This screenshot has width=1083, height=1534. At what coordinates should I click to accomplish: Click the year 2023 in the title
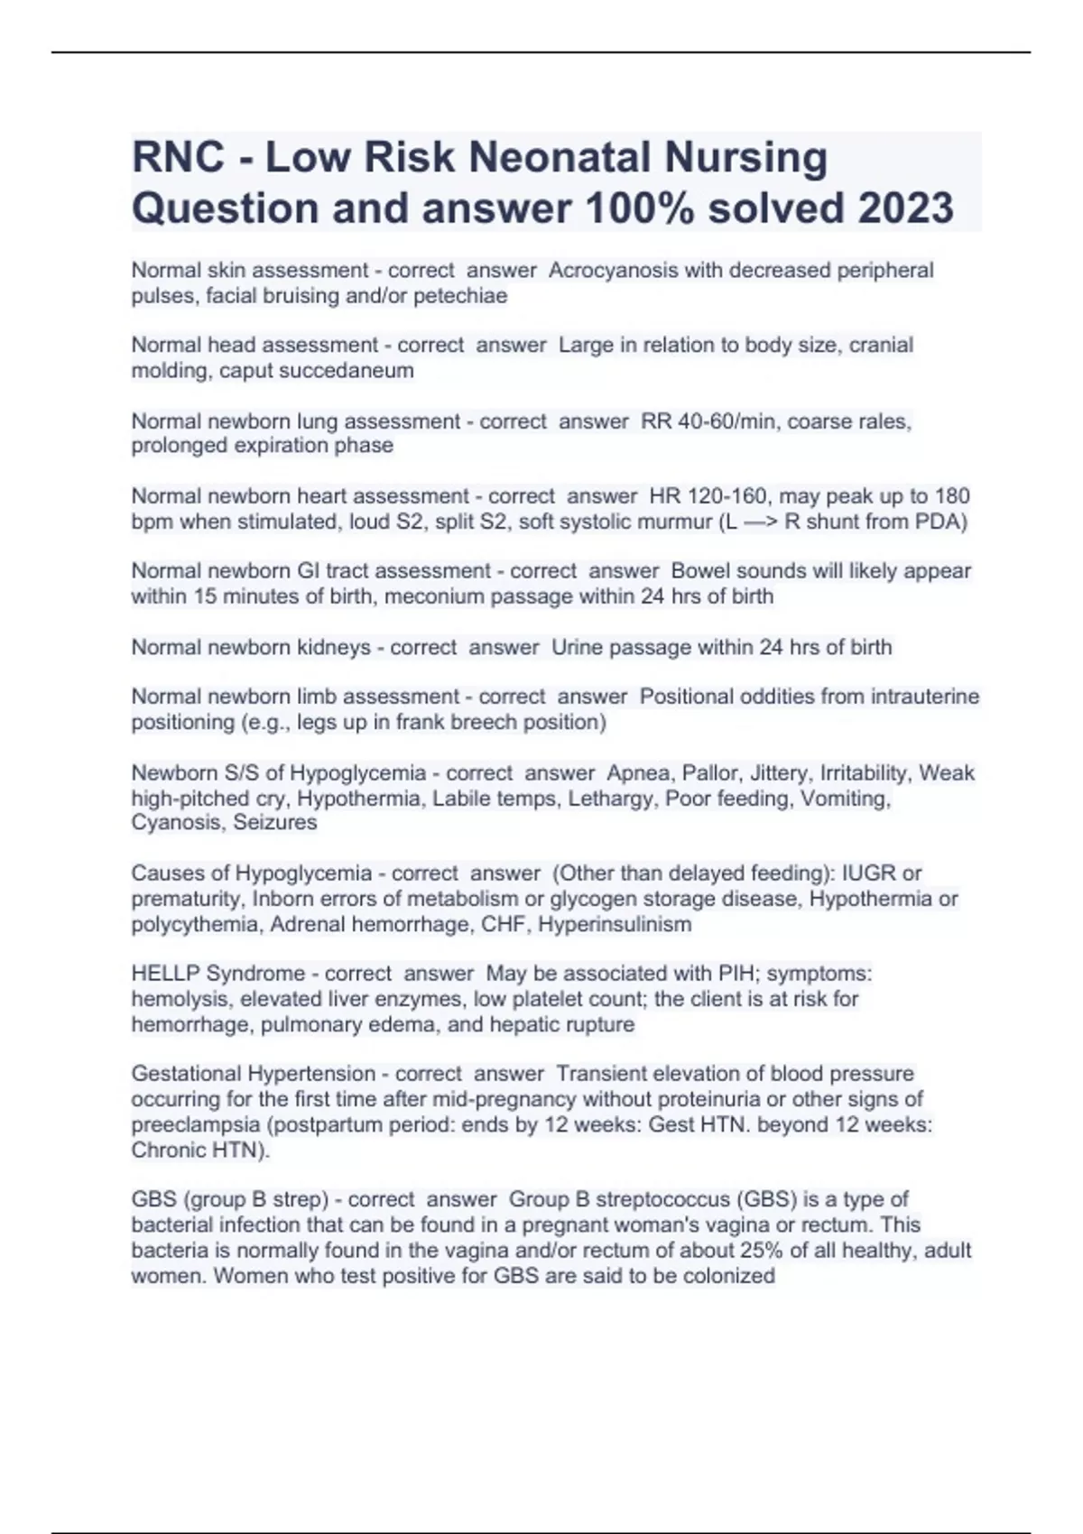905,208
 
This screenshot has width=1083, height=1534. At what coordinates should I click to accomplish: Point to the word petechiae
460,296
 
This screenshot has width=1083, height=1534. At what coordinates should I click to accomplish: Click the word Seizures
275,823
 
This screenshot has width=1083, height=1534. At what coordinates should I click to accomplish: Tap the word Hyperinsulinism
615,924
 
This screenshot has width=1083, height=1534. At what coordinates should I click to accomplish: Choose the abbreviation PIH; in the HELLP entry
739,974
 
